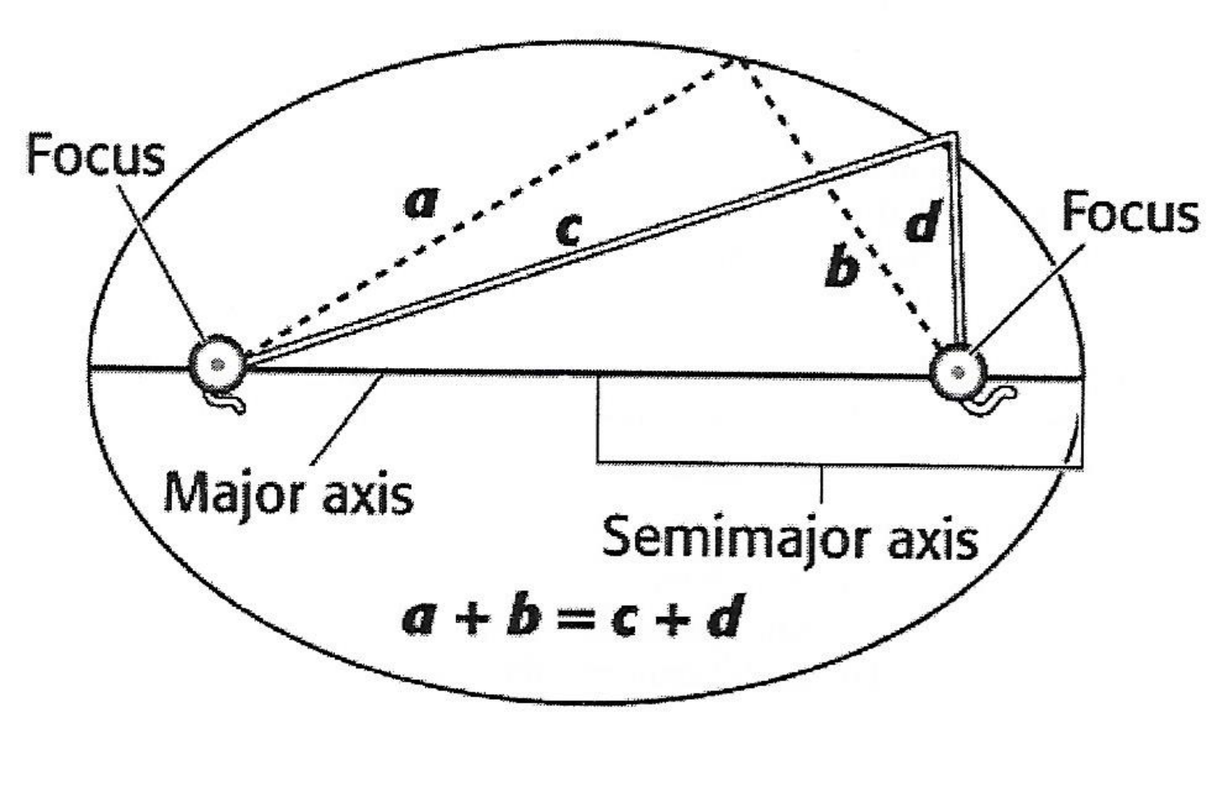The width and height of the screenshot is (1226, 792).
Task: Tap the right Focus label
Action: pos(1129,212)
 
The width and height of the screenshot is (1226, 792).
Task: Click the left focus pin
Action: pos(217,364)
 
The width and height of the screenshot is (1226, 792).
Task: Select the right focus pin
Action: pos(958,372)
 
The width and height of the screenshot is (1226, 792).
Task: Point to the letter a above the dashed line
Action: pos(422,202)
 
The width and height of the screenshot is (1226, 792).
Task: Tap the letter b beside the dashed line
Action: pos(841,268)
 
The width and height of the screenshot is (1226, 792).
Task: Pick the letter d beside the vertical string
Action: pos(923,222)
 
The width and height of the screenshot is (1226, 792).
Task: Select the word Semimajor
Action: pos(735,539)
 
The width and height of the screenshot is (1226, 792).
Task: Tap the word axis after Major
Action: pos(366,495)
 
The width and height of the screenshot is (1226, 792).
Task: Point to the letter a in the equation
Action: pos(418,617)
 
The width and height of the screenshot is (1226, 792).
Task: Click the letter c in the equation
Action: pos(626,619)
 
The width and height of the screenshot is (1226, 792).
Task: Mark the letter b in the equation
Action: pos(523,616)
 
